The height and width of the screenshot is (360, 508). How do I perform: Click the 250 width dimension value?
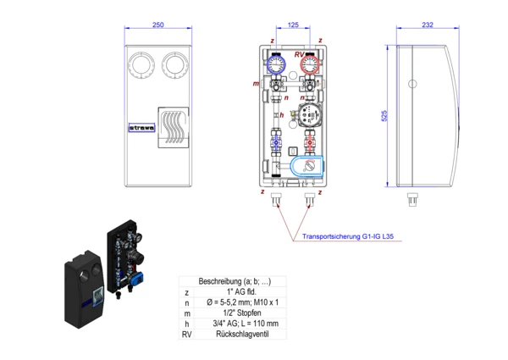(158, 25)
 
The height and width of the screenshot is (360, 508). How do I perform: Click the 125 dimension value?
(292, 25)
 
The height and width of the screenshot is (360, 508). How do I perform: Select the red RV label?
(300, 54)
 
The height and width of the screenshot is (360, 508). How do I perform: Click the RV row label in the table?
(187, 334)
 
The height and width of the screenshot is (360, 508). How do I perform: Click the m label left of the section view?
(256, 84)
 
